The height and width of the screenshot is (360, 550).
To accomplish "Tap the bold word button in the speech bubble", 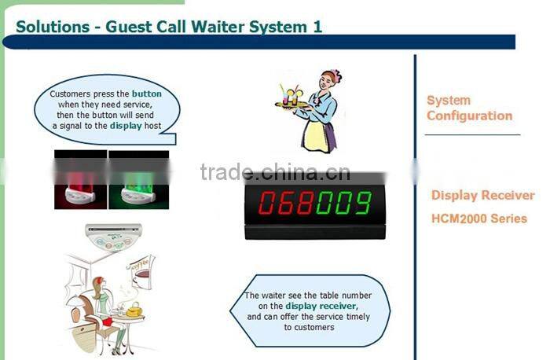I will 147,94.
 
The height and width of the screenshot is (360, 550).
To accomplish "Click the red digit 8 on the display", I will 303,203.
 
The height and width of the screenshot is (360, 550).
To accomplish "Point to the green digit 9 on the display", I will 361,203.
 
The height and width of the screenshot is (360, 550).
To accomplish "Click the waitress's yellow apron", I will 314,134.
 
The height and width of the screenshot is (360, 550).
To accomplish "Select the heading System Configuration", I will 469,108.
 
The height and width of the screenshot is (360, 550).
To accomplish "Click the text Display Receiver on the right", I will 482,196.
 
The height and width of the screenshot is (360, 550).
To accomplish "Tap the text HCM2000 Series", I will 479,219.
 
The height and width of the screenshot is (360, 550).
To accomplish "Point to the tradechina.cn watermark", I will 275,173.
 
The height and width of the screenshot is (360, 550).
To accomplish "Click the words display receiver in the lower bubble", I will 321,306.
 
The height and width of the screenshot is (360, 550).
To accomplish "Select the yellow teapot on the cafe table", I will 134,310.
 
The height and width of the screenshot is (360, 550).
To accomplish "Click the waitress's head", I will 330,81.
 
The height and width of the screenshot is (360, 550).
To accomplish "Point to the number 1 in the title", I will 317,27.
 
